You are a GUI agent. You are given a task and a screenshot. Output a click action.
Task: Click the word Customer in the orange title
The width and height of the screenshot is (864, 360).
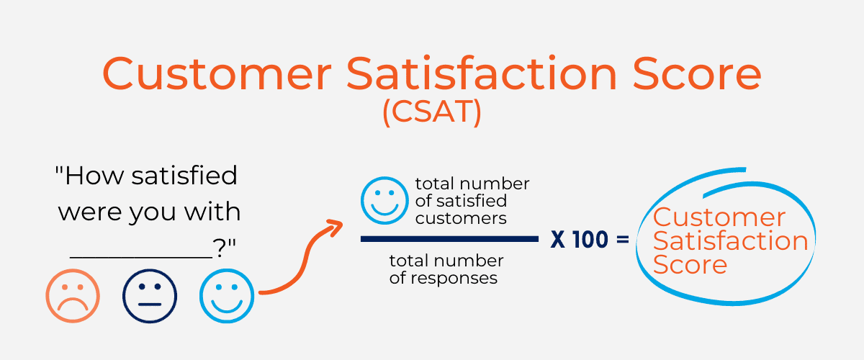coord(217,73)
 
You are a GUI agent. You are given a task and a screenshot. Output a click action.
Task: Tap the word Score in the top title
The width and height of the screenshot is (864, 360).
coord(697,73)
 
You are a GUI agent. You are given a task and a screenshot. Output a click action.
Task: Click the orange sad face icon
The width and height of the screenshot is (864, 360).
coord(73,296)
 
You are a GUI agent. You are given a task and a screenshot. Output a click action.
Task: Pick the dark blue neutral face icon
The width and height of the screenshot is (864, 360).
coord(150,296)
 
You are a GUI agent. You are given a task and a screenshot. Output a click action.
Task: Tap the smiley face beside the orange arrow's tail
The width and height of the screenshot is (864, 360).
coord(227,296)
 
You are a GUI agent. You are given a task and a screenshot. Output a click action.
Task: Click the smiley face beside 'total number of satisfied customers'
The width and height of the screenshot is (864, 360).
coord(384,200)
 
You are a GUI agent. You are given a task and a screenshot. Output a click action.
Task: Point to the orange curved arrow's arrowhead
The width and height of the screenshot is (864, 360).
coord(334,228)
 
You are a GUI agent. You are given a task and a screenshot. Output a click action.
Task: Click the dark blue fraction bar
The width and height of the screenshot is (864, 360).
coord(449,239)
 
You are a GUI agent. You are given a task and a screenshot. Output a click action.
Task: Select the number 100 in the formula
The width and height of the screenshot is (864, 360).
coord(590,239)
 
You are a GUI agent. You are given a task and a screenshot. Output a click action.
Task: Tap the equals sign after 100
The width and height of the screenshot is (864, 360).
coord(623,240)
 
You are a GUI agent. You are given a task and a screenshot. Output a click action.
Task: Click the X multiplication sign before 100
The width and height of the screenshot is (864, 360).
coord(558,239)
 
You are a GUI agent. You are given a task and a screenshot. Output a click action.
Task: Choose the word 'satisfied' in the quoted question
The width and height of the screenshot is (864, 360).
coord(184,175)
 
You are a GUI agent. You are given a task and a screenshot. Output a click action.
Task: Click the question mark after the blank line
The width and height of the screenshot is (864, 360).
coord(220,248)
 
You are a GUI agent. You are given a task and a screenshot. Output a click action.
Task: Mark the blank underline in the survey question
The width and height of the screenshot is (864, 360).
coord(141,257)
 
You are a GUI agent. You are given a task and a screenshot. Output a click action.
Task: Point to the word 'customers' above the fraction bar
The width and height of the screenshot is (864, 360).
coord(461,218)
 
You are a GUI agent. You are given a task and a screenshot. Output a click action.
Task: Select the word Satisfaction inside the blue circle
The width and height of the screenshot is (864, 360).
coord(731,241)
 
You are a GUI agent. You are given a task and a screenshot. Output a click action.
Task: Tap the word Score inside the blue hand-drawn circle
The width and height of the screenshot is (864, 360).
coord(690,265)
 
